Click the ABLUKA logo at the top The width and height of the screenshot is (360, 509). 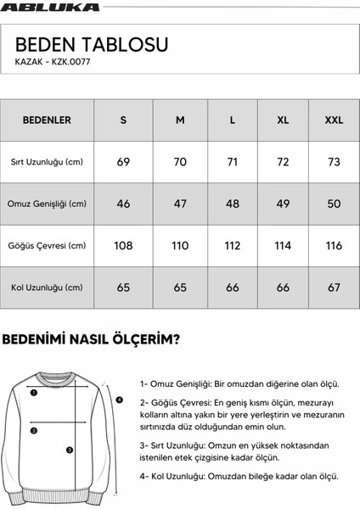(x=51, y=7)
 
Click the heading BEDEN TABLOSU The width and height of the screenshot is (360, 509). (x=92, y=44)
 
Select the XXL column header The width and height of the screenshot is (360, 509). (x=334, y=120)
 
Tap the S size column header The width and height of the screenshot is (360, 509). (x=123, y=120)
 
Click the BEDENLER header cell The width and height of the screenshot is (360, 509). (x=47, y=120)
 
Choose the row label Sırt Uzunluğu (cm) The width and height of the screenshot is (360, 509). (x=47, y=162)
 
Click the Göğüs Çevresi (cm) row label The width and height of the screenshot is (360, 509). (x=47, y=246)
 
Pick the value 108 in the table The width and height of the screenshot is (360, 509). (x=123, y=246)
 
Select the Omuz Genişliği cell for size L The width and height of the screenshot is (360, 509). (x=233, y=204)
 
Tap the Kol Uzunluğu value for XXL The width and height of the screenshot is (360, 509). (x=334, y=288)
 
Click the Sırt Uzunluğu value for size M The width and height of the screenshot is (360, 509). (x=180, y=162)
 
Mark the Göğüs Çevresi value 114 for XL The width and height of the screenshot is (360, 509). (x=283, y=246)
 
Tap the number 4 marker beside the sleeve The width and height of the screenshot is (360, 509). (x=120, y=400)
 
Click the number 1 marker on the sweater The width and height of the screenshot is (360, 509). (x=33, y=393)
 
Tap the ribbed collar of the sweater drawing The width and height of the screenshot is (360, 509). (x=59, y=376)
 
